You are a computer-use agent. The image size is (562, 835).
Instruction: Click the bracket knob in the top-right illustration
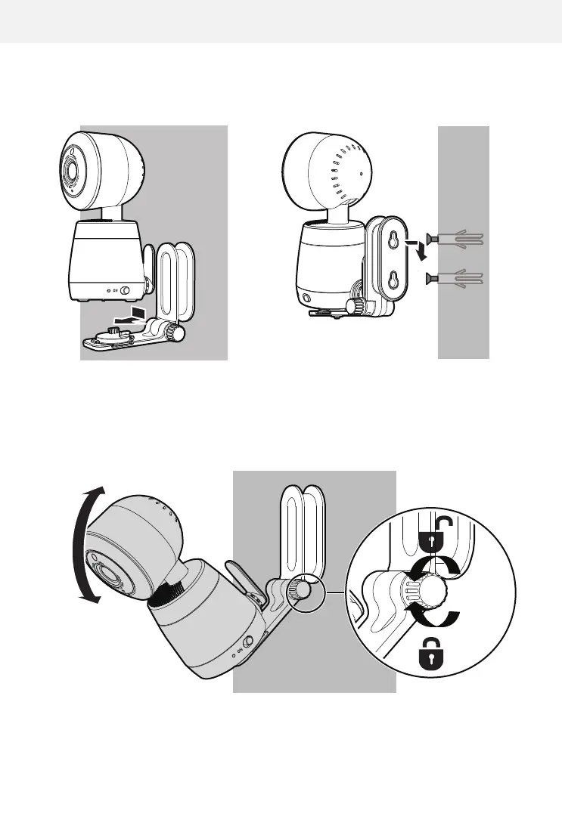353,306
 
